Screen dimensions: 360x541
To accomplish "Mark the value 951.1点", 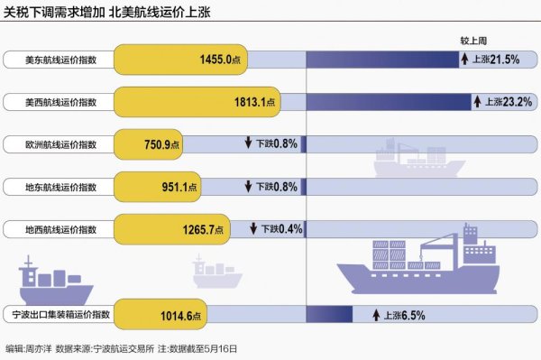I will point(168,187).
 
